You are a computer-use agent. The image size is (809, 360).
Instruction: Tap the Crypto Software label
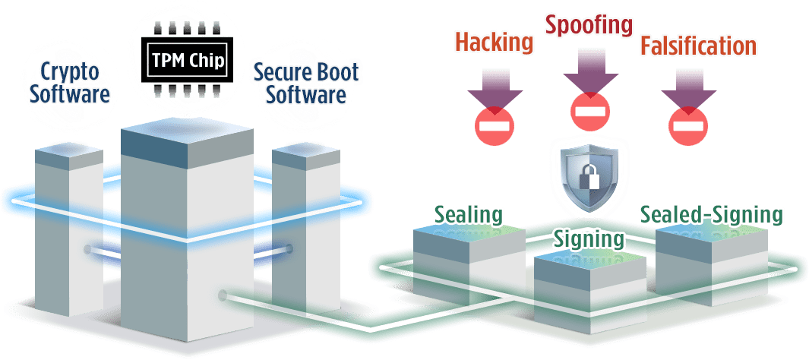click(x=70, y=83)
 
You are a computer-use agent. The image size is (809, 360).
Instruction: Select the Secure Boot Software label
click(x=306, y=84)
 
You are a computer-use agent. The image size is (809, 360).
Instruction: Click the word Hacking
click(x=493, y=42)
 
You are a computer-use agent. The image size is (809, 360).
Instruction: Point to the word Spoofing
click(x=589, y=24)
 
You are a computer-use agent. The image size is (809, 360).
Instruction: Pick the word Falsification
click(x=698, y=46)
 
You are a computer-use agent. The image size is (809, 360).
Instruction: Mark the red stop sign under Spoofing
click(x=589, y=112)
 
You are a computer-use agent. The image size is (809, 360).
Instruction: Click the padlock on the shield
click(x=588, y=176)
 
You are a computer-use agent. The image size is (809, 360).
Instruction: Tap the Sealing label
click(x=468, y=214)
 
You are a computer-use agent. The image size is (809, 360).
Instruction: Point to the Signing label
click(x=589, y=238)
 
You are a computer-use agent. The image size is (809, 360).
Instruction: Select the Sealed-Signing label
click(x=710, y=214)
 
